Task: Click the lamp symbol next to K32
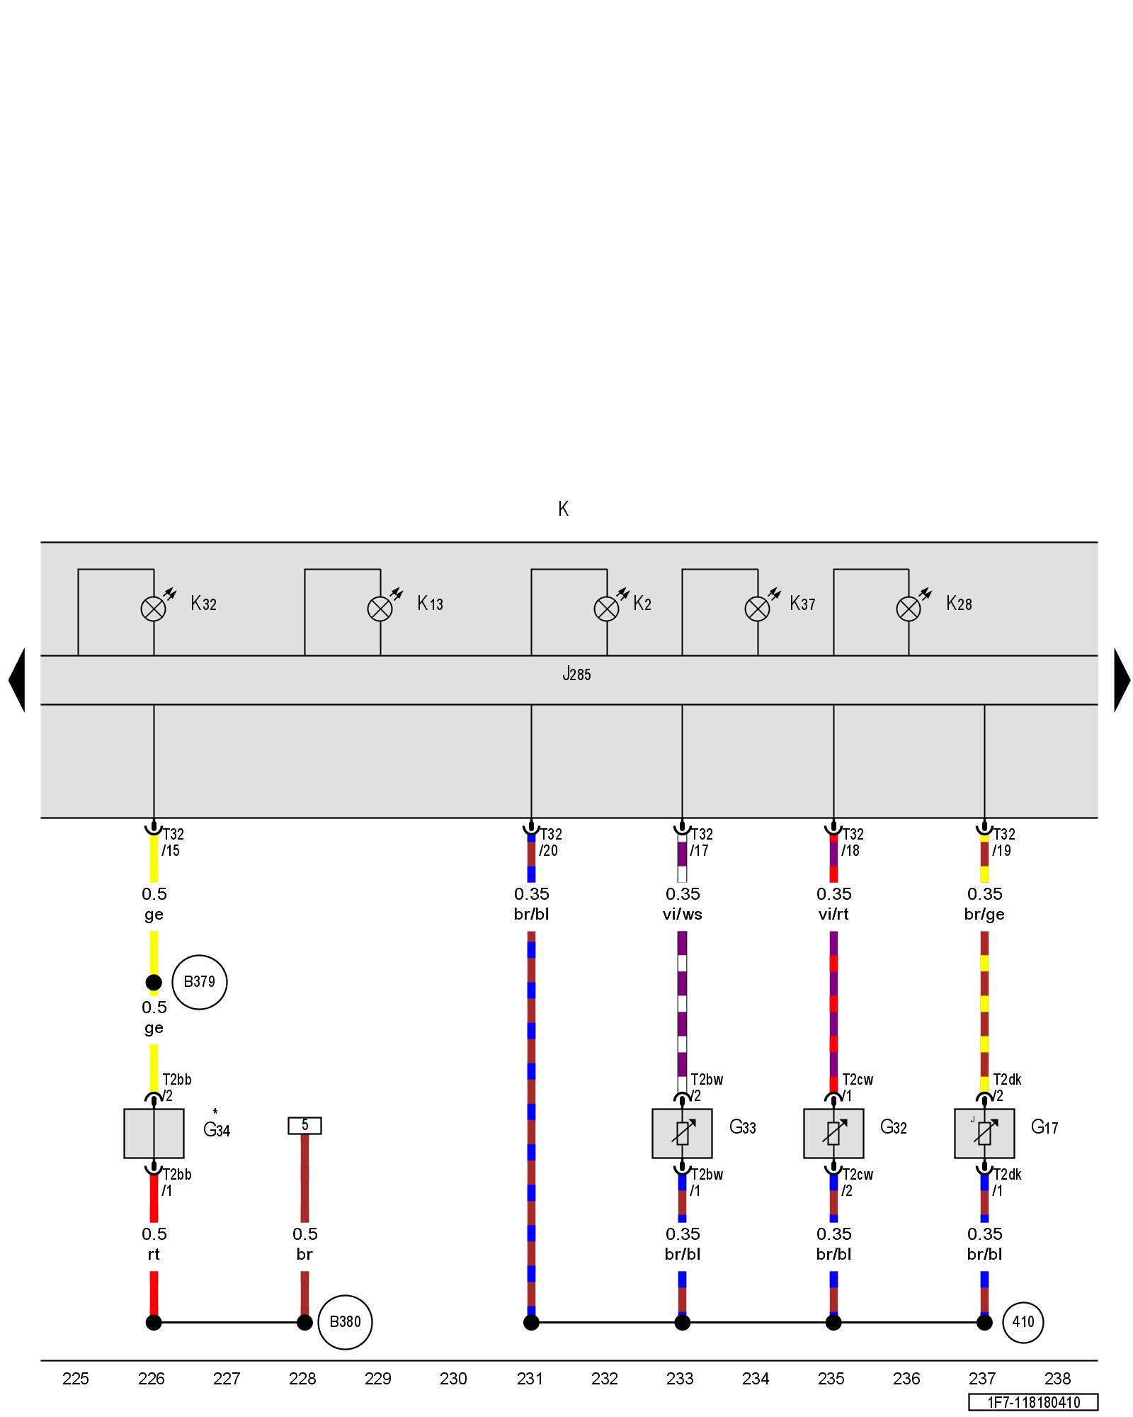(154, 609)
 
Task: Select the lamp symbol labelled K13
(380, 609)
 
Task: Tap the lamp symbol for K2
(606, 609)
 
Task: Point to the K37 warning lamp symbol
(758, 609)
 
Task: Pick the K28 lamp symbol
(909, 609)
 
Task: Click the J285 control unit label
(576, 674)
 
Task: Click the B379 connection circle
(199, 982)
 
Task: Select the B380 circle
(345, 1322)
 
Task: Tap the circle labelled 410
(1023, 1322)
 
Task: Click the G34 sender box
(154, 1134)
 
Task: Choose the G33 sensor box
(682, 1134)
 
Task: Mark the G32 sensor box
(833, 1134)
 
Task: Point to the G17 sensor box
(984, 1134)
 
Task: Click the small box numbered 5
(304, 1125)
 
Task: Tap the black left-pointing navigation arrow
(17, 680)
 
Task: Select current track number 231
(530, 1378)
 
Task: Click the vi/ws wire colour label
(683, 914)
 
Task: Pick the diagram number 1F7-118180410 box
(1033, 1402)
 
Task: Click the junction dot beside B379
(154, 983)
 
